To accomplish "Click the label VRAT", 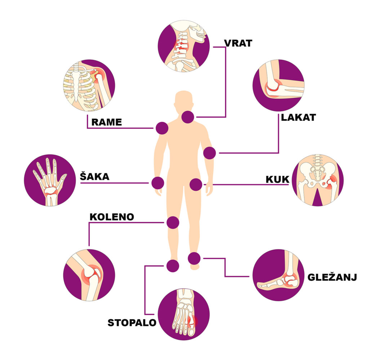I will coord(238,43).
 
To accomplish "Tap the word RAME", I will coord(107,122).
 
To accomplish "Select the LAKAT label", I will coord(299,117).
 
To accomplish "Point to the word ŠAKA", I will coord(94,176).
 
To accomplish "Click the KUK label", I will coord(277,179).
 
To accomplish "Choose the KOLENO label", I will coord(112,217).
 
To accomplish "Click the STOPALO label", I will coord(132,322).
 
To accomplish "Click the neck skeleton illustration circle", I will coord(183,45).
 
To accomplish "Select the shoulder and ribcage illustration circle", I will coord(89,85).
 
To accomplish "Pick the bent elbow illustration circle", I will coord(278,85).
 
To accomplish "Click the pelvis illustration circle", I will coord(317,180).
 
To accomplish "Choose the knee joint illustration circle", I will coord(89,275).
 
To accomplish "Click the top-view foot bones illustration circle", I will coord(184,314).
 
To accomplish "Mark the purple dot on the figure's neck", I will coord(188,117).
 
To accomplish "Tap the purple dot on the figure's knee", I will coord(173,222).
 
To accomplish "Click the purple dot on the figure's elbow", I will coord(209,153).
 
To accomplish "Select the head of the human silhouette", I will coord(184,101).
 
